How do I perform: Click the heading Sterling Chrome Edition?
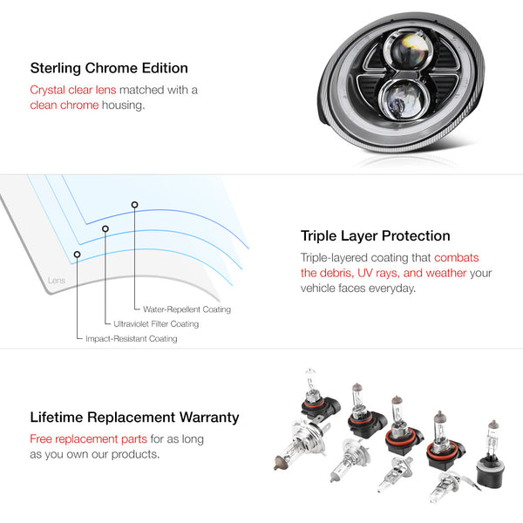pyautogui.click(x=109, y=68)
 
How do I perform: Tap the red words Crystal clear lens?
pyautogui.click(x=73, y=90)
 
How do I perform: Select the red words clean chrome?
pyautogui.click(x=65, y=105)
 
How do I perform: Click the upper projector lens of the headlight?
pyautogui.click(x=407, y=50)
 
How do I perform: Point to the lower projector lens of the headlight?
pyautogui.click(x=403, y=98)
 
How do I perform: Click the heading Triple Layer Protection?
pyautogui.click(x=375, y=236)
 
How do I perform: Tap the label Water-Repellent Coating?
pyautogui.click(x=187, y=309)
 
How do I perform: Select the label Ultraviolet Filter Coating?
pyautogui.click(x=156, y=324)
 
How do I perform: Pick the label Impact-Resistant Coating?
pyautogui.click(x=132, y=338)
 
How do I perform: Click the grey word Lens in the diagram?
pyautogui.click(x=57, y=281)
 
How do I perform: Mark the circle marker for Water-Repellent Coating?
pyautogui.click(x=134, y=205)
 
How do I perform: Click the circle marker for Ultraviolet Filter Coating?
pyautogui.click(x=105, y=228)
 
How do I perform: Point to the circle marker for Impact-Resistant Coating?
pyautogui.click(x=77, y=255)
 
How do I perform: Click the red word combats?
pyautogui.click(x=456, y=258)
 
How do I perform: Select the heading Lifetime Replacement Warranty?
pyautogui.click(x=134, y=418)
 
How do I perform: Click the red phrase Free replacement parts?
pyautogui.click(x=88, y=439)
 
